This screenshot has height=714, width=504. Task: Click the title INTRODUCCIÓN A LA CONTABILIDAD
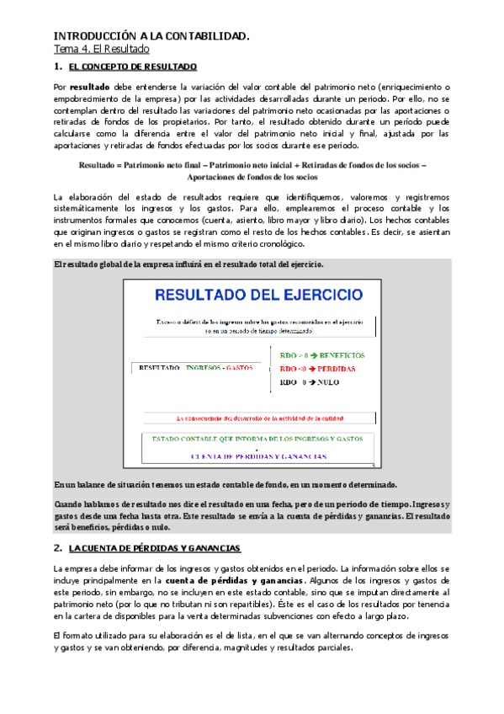151,36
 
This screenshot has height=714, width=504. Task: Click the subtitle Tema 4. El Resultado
102,51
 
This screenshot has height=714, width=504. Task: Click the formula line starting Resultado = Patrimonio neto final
252,165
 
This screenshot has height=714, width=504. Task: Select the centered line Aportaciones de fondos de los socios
252,178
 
